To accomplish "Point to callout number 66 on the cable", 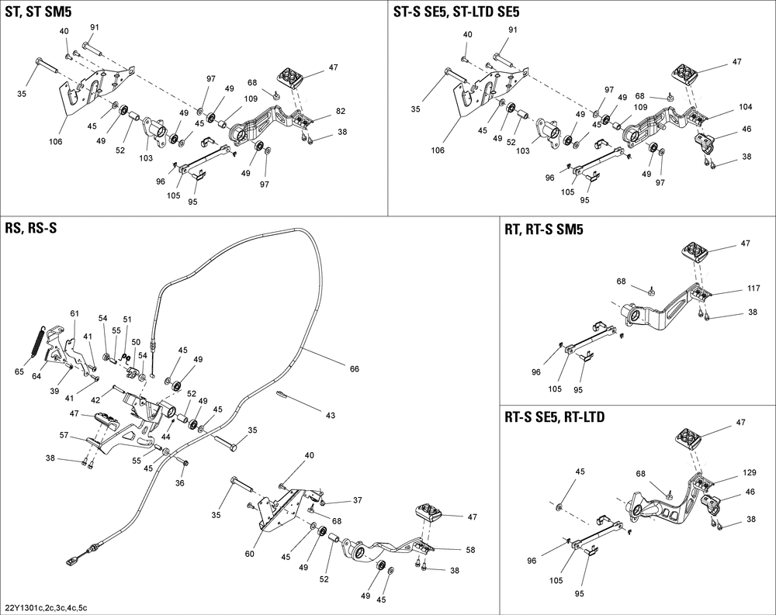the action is [354, 368].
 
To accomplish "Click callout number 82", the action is [341, 112].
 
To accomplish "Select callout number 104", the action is [724, 106].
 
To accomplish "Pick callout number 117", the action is [731, 288].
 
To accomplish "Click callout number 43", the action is [331, 416].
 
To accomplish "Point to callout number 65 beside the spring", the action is [19, 372].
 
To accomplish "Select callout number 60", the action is [250, 554].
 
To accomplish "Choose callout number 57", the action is [65, 437].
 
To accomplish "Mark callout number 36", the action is [180, 483].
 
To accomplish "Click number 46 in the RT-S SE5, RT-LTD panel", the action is [727, 492].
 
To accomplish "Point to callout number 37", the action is [358, 500].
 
